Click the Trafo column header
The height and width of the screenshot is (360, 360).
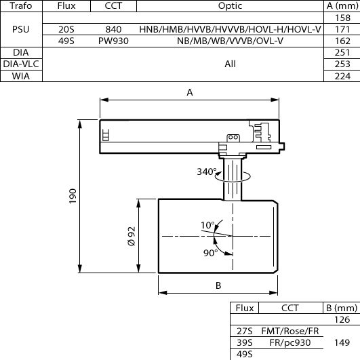(x=21, y=5)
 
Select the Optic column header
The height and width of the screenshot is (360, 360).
(x=230, y=6)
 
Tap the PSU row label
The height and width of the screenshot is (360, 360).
(x=21, y=29)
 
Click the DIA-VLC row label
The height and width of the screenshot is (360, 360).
(x=21, y=64)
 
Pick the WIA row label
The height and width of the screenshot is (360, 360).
(x=21, y=76)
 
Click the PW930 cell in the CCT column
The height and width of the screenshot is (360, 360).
(x=113, y=41)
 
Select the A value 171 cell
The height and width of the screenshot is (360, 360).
(x=342, y=29)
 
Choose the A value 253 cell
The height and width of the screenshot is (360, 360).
(x=342, y=64)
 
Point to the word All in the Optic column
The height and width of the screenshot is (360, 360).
(x=231, y=64)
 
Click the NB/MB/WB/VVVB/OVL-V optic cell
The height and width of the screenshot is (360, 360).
(x=230, y=41)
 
